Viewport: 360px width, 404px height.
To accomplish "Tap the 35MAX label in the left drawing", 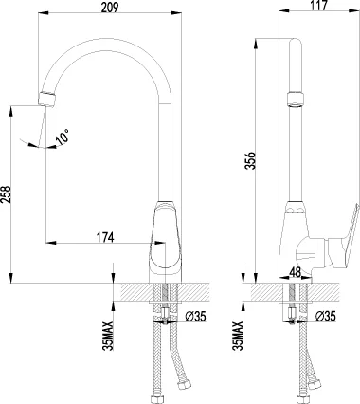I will tap(111, 336).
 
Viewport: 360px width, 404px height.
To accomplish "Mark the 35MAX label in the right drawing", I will tap(238, 336).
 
